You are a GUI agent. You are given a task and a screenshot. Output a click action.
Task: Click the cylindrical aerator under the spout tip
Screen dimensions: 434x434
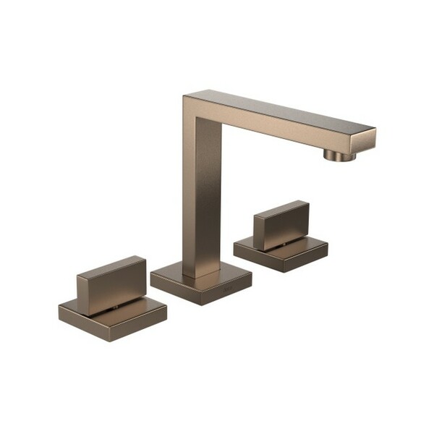tap(339, 155)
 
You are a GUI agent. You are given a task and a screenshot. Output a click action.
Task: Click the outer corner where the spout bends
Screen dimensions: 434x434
tap(186, 95)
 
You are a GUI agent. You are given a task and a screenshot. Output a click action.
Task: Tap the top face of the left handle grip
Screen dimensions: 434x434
tap(111, 264)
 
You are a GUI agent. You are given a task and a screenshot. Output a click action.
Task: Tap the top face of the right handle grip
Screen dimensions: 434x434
tap(281, 208)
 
